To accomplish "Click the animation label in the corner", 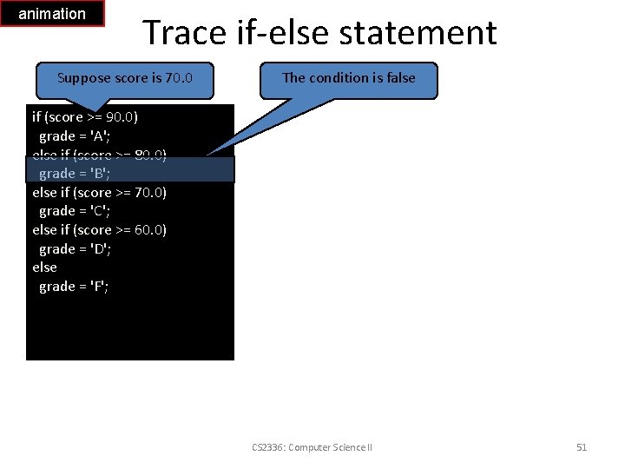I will (x=52, y=14).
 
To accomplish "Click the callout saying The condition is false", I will (x=349, y=78).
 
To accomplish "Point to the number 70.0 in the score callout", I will (x=178, y=78).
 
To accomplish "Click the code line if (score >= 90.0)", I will (x=85, y=117).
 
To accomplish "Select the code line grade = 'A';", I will (x=74, y=136).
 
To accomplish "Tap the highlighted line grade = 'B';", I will (x=74, y=174).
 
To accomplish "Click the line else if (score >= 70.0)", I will (x=99, y=193).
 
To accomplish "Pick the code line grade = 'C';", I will (x=74, y=211).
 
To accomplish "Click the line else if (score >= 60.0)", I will (x=99, y=230).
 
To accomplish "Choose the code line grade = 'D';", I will (x=74, y=249).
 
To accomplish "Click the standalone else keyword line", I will (x=44, y=268).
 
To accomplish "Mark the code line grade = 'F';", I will (x=74, y=287).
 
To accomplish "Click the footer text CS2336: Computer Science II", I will (x=312, y=447).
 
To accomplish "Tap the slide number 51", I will (x=582, y=447).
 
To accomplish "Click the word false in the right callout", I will (x=401, y=78).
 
